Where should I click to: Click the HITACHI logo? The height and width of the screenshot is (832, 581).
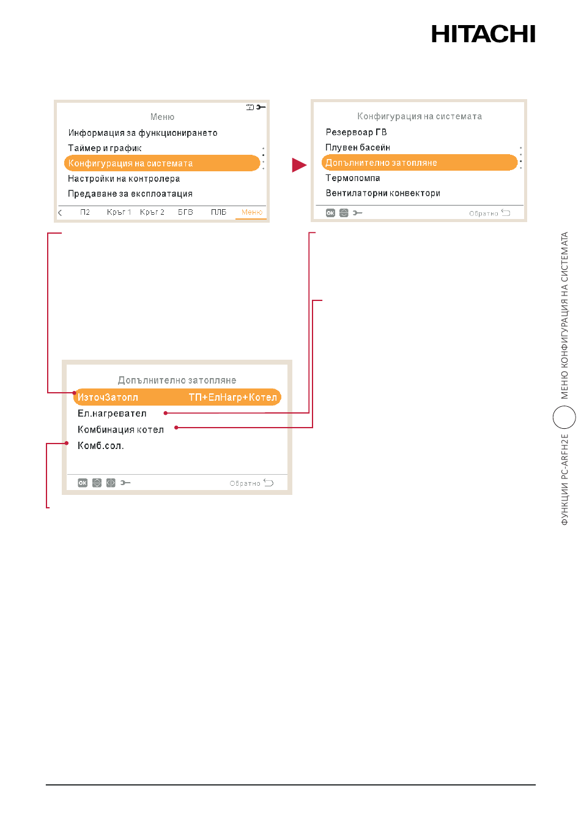click(483, 34)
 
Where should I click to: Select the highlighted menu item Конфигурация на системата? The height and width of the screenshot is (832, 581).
click(162, 163)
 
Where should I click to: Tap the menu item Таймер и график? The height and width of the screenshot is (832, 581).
click(105, 148)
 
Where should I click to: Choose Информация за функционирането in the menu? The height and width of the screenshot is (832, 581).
click(142, 133)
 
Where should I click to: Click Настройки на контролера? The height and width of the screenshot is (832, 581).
click(124, 179)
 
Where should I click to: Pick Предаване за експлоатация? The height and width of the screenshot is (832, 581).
click(130, 194)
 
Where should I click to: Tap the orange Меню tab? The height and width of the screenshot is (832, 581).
click(252, 212)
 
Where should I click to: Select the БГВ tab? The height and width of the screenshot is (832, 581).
click(185, 212)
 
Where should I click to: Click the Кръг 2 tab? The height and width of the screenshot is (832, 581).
click(152, 212)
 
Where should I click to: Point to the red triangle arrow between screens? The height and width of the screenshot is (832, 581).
click(299, 165)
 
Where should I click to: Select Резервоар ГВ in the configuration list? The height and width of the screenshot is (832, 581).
click(356, 132)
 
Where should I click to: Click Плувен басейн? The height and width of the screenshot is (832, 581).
click(358, 147)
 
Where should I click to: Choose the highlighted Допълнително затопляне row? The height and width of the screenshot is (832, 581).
click(419, 162)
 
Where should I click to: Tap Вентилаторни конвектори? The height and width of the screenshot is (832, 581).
click(383, 193)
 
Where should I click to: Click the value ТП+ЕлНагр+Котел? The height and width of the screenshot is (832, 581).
click(233, 398)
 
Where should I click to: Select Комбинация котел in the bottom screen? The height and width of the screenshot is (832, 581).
click(120, 429)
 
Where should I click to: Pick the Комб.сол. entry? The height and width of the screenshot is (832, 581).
click(101, 446)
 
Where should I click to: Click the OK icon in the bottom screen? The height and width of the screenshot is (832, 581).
click(83, 483)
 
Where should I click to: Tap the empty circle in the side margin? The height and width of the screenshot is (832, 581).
click(564, 417)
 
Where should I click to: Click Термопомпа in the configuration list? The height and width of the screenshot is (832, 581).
click(353, 178)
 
